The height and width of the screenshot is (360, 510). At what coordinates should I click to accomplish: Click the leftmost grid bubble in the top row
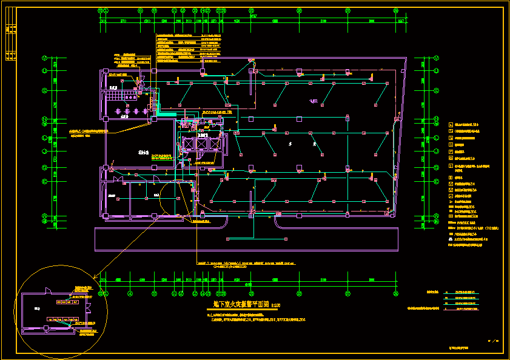tap(101, 10)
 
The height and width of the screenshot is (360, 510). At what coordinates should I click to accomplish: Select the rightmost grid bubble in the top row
tap(396, 10)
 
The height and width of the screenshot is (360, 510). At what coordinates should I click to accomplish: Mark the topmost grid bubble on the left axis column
tap(45, 58)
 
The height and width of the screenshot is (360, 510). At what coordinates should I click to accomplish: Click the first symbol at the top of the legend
tap(450, 124)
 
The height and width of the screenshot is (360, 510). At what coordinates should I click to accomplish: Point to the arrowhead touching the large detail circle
tap(95, 278)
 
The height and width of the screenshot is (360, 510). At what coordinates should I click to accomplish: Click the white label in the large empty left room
tap(143, 153)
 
